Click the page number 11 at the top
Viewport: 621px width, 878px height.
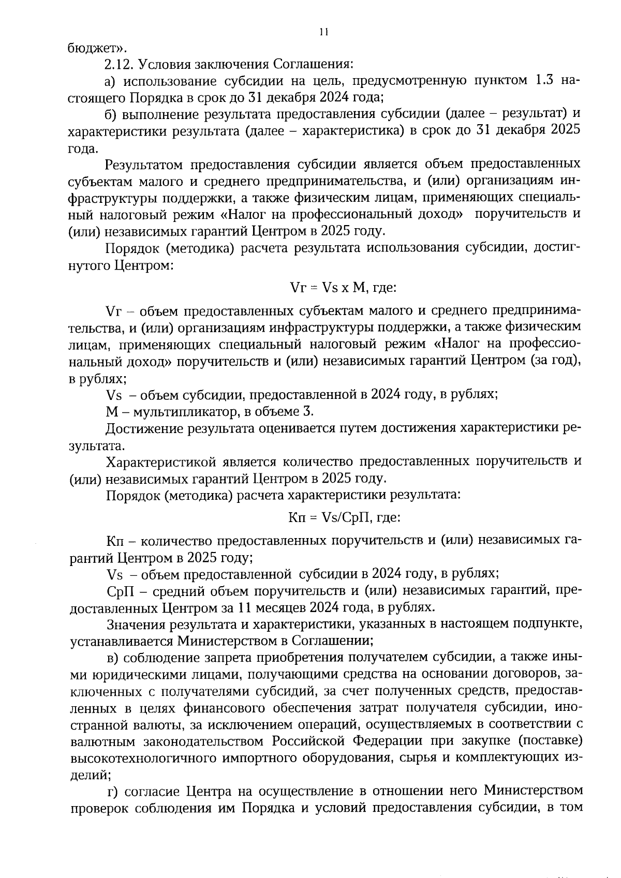(x=323, y=32)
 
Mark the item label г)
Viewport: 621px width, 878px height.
(x=113, y=792)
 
